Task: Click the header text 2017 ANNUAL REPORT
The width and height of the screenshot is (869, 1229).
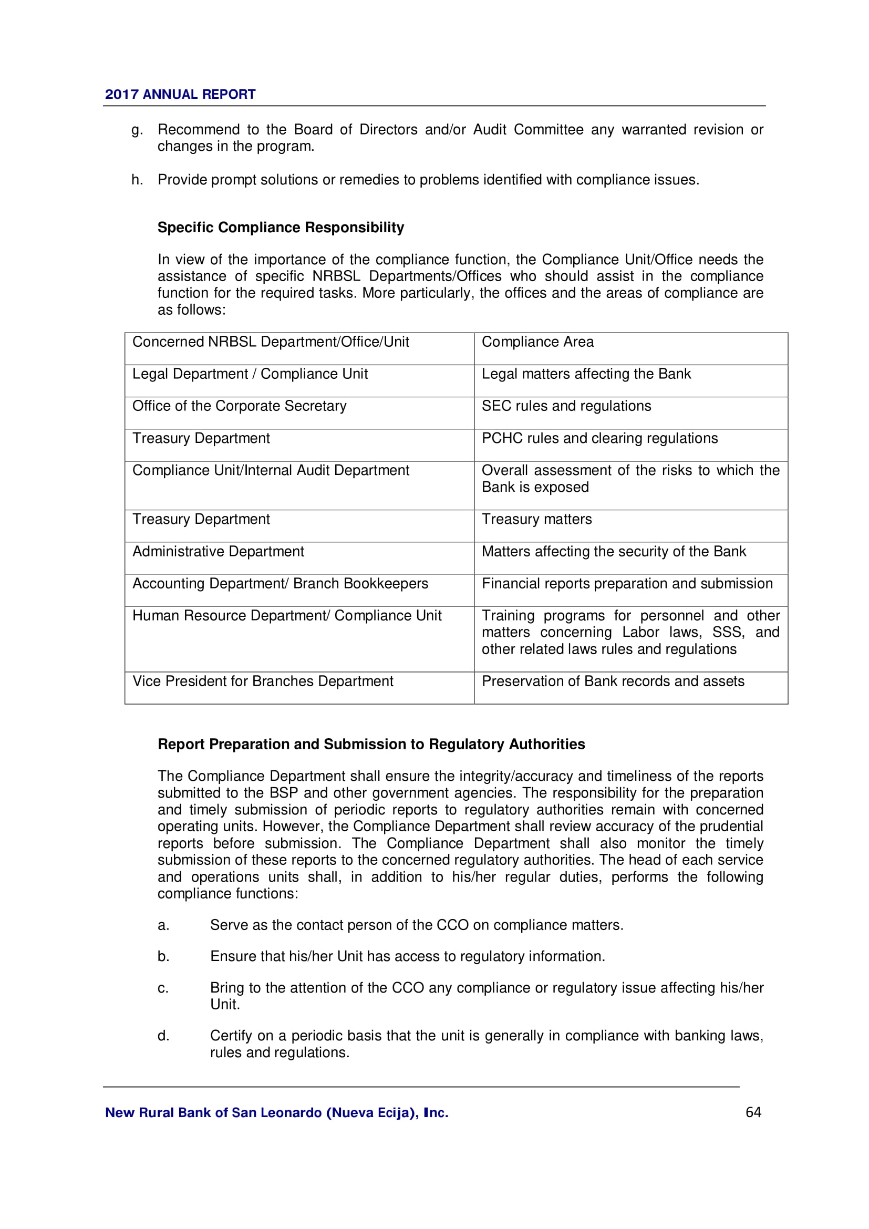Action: pos(180,94)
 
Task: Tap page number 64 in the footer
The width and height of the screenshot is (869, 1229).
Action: pos(753,1112)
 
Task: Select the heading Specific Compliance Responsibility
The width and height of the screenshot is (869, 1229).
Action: pos(281,228)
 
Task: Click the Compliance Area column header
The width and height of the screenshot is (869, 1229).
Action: pos(537,342)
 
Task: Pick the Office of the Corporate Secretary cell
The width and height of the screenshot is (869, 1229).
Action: pos(239,406)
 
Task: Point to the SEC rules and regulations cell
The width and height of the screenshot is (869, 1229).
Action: pos(566,406)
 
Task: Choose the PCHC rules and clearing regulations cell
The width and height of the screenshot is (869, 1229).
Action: pos(599,438)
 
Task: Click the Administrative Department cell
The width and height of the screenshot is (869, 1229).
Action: pos(218,552)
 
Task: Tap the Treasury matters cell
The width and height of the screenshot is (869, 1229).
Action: pos(537,519)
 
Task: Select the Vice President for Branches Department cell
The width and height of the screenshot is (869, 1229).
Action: pos(263,681)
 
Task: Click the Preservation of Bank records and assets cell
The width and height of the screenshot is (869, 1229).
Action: pos(613,681)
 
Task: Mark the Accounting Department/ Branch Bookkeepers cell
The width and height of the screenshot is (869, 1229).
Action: pos(280,583)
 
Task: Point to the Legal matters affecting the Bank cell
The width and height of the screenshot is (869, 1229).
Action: pos(586,374)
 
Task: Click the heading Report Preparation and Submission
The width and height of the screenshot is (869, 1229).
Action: pos(371,744)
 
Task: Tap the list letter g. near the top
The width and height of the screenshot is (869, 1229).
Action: pos(137,130)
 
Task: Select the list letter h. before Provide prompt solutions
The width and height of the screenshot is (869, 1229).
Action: pos(137,180)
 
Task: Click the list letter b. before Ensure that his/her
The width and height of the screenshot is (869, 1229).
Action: pos(163,956)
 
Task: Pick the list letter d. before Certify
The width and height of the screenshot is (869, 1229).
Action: pos(163,1036)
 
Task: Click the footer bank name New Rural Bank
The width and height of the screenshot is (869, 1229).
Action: pos(276,1113)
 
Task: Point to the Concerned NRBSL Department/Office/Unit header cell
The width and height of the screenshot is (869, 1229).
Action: pos(270,342)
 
